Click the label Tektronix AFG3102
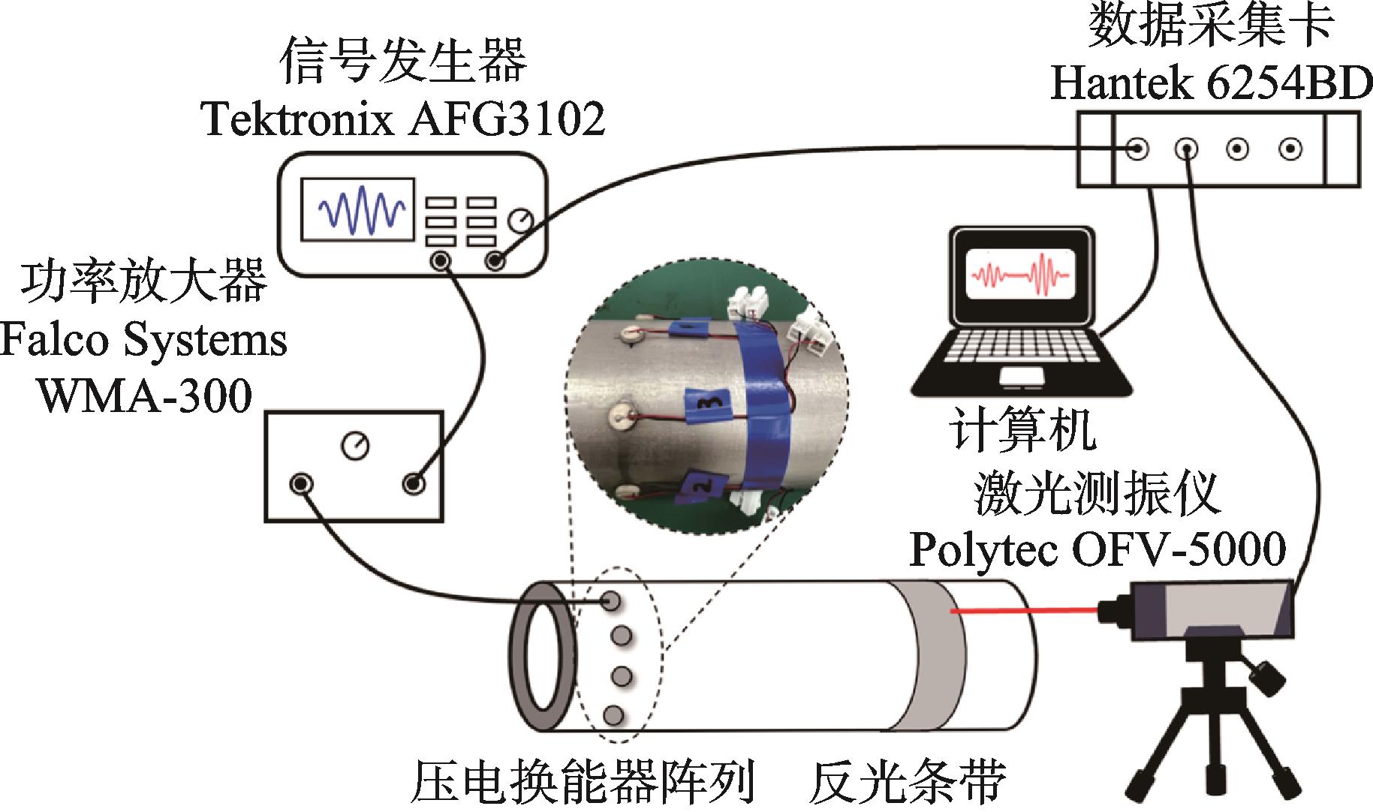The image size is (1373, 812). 404,119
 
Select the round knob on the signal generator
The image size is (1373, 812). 519,219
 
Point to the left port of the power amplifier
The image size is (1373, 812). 301,483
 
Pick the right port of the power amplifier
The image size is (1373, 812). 413,483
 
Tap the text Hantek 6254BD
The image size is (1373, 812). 1210,86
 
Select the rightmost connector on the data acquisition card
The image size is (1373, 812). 1290,149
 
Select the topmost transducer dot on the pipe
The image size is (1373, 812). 612,600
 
